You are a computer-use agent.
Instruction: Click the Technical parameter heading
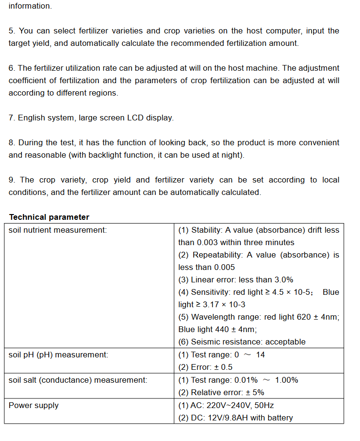(x=49, y=217)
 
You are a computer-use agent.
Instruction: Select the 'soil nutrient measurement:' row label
(x=57, y=230)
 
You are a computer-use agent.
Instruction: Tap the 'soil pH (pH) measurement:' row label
(x=58, y=355)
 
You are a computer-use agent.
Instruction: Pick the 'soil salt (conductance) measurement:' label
(x=78, y=380)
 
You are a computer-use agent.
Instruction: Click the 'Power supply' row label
(x=33, y=405)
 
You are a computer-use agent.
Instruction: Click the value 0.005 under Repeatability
(x=224, y=267)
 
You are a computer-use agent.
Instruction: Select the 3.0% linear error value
(x=282, y=280)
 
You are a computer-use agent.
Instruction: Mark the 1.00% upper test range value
(x=287, y=380)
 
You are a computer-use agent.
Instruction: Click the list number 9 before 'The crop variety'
(x=11, y=180)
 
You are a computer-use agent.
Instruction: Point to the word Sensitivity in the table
(x=211, y=292)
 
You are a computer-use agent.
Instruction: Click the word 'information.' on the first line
(x=30, y=6)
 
